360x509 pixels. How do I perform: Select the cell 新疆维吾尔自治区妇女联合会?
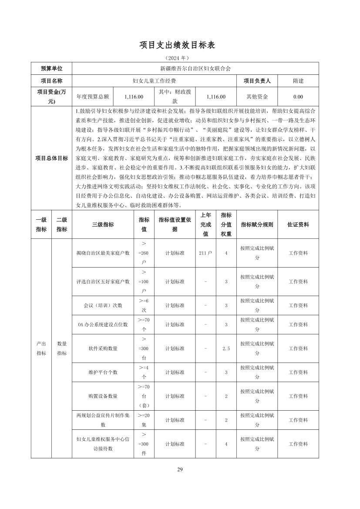[x=195, y=68]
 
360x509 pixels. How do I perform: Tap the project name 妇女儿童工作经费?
[x=154, y=81]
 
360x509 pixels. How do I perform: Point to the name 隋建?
[x=298, y=81]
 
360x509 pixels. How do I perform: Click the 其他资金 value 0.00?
[x=298, y=97]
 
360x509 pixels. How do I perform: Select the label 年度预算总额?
[x=92, y=97]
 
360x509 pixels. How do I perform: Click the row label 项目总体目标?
[x=51, y=158]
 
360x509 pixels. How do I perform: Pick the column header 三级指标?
[x=103, y=224]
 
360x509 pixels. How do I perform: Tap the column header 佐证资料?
[x=298, y=224]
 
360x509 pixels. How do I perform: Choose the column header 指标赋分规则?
[x=257, y=224]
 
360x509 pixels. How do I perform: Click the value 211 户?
[x=205, y=253]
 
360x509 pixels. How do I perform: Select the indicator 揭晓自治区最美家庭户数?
[x=103, y=253]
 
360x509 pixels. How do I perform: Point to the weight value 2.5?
[x=226, y=348]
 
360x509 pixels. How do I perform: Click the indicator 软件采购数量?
[x=103, y=348]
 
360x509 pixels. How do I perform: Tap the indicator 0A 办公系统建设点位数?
[x=103, y=325]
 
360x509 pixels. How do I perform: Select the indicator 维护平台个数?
[x=103, y=372]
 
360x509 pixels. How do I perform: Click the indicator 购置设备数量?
[x=103, y=396]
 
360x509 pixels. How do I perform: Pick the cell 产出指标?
[x=41, y=348]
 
